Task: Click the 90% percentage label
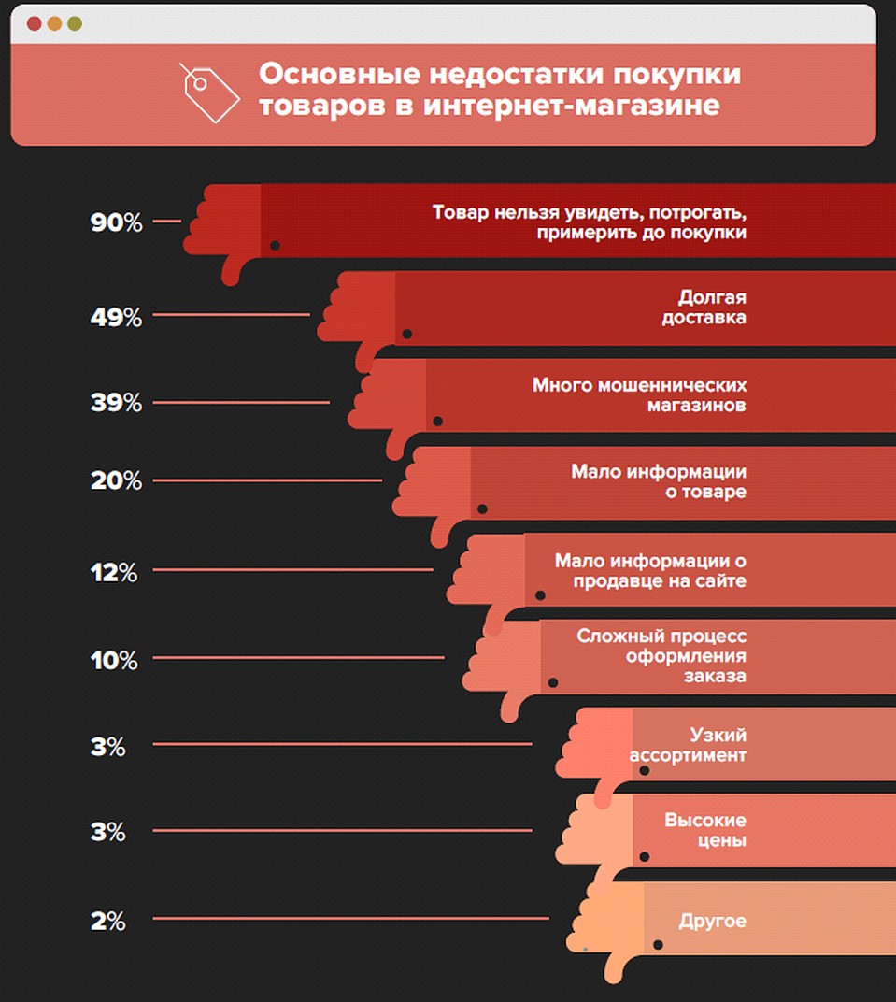click(116, 223)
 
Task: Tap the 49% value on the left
click(116, 317)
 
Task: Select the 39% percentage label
click(116, 404)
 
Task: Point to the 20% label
click(116, 481)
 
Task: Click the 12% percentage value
click(114, 572)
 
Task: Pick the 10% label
click(114, 660)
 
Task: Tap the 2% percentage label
click(107, 921)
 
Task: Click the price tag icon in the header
click(209, 93)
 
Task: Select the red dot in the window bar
click(35, 23)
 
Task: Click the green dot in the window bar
click(75, 23)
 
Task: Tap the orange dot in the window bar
click(54, 23)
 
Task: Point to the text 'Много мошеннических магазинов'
click(639, 395)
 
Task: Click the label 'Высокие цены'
click(705, 830)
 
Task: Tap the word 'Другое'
click(712, 921)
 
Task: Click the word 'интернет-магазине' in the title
click(571, 106)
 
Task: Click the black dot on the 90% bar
click(275, 246)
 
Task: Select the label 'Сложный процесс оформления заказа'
click(661, 654)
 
